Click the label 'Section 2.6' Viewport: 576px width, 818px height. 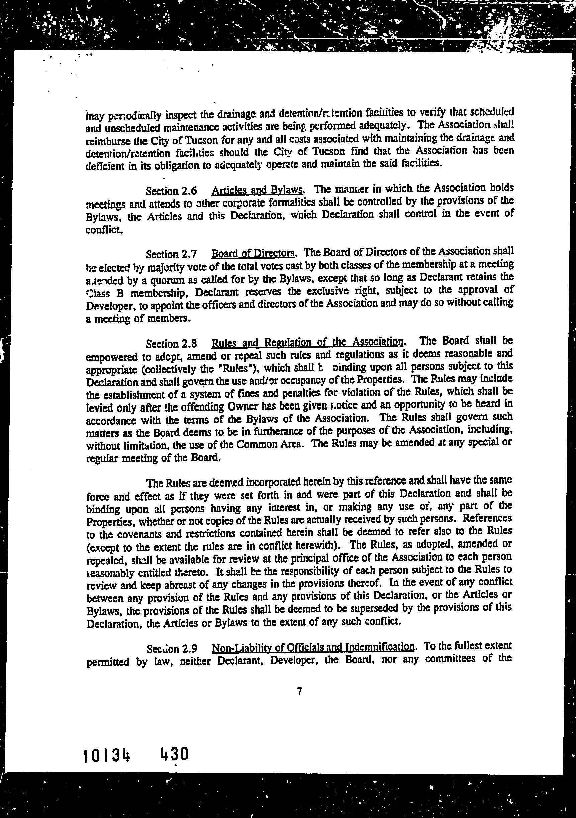click(171, 191)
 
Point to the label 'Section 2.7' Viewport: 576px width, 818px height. click(171, 254)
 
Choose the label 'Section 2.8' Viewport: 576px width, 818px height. click(171, 344)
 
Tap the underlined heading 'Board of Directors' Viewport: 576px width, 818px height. click(253, 254)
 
